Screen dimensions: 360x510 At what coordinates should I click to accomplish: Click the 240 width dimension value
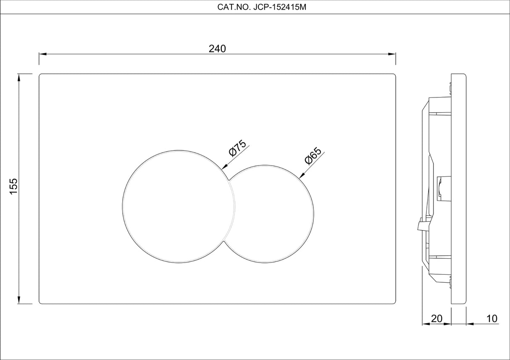(x=217, y=49)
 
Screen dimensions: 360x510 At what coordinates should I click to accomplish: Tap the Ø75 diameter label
(x=237, y=148)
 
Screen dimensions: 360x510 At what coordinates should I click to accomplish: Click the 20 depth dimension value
(x=437, y=319)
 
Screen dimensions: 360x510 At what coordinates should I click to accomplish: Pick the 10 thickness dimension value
(x=492, y=319)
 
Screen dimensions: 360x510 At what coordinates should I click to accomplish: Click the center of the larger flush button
(x=179, y=206)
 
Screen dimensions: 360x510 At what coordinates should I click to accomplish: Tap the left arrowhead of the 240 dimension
(x=42, y=54)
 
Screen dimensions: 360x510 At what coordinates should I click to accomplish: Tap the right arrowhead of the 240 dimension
(x=393, y=54)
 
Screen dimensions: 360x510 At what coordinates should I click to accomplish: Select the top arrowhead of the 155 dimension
(x=19, y=77)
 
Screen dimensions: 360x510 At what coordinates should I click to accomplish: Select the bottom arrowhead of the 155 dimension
(x=19, y=300)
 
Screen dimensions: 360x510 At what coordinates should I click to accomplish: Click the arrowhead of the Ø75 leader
(x=223, y=168)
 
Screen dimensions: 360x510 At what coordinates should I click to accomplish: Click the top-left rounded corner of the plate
(x=41, y=76)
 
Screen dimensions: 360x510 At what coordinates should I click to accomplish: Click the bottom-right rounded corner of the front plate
(x=394, y=302)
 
